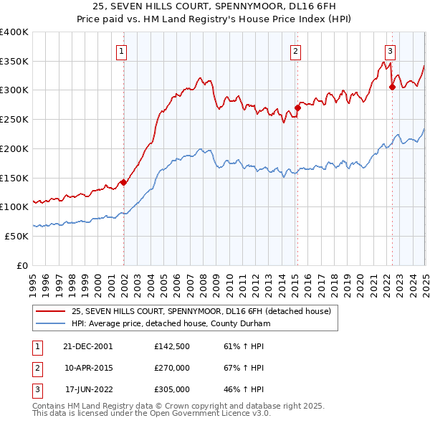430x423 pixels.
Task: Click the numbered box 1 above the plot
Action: (123, 51)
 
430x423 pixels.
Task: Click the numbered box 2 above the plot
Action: (296, 51)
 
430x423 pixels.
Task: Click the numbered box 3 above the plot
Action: (391, 51)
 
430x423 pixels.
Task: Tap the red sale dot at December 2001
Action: (123, 182)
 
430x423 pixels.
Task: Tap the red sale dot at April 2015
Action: (297, 108)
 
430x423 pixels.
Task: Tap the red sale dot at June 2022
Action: (392, 87)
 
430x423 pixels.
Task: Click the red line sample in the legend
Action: (50, 311)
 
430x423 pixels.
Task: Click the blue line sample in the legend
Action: (50, 324)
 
